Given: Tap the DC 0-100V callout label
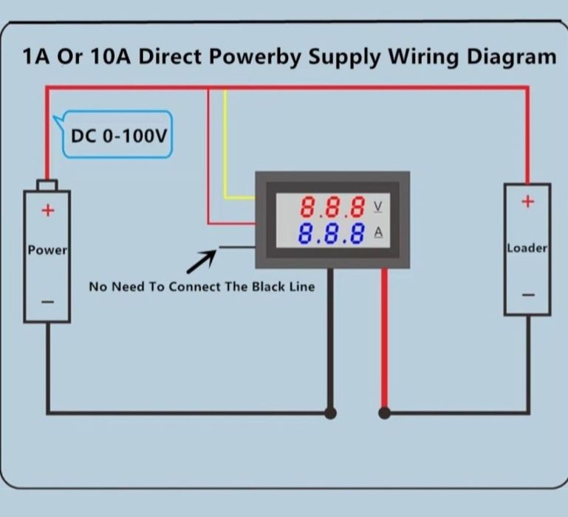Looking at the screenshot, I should pyautogui.click(x=118, y=136).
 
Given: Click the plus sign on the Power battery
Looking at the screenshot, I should pyautogui.click(x=48, y=210).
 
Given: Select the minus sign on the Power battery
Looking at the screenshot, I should pyautogui.click(x=47, y=301).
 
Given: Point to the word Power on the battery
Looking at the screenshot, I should pyautogui.click(x=47, y=250).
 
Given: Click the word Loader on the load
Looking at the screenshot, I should pyautogui.click(x=527, y=248).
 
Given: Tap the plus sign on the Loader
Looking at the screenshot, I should pyautogui.click(x=527, y=202).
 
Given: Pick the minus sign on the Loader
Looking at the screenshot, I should pyautogui.click(x=527, y=295).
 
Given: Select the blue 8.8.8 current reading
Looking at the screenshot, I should pyautogui.click(x=333, y=234).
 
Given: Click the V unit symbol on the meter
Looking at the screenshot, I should pyautogui.click(x=379, y=205).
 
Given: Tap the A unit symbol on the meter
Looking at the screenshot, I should pyautogui.click(x=379, y=233).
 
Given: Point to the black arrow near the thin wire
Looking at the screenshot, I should pyautogui.click(x=201, y=261).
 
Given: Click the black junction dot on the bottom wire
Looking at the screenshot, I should pyautogui.click(x=331, y=413).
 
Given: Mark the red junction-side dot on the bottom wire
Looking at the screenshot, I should pyautogui.click(x=384, y=413).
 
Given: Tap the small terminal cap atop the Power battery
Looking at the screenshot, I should pyautogui.click(x=47, y=185).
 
